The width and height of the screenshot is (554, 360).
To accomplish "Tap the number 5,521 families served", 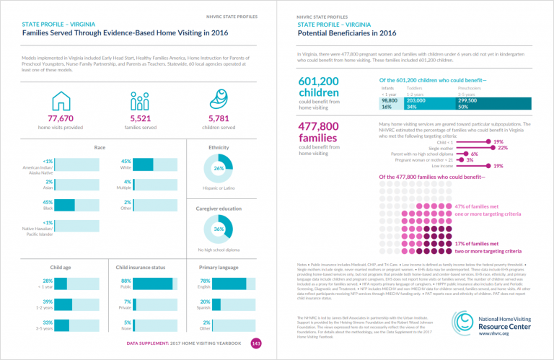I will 144,118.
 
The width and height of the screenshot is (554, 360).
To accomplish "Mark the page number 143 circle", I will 255,343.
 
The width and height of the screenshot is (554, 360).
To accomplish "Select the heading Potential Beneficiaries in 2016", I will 347,33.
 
